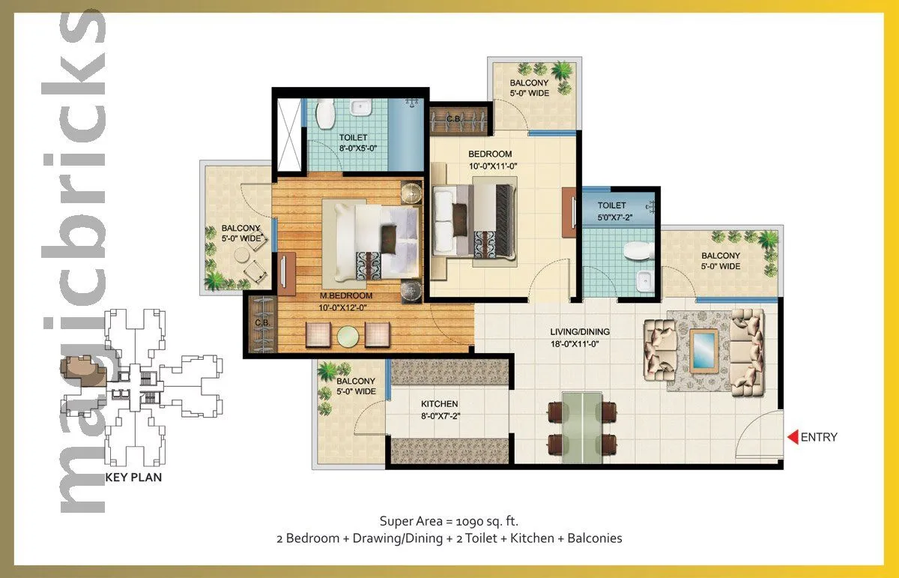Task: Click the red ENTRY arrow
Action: coord(791,437)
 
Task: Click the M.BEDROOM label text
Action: coord(346,295)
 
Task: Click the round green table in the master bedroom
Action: coord(347,335)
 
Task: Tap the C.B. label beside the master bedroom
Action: coord(261,324)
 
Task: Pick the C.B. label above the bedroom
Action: coord(453,118)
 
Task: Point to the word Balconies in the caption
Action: coord(594,538)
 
